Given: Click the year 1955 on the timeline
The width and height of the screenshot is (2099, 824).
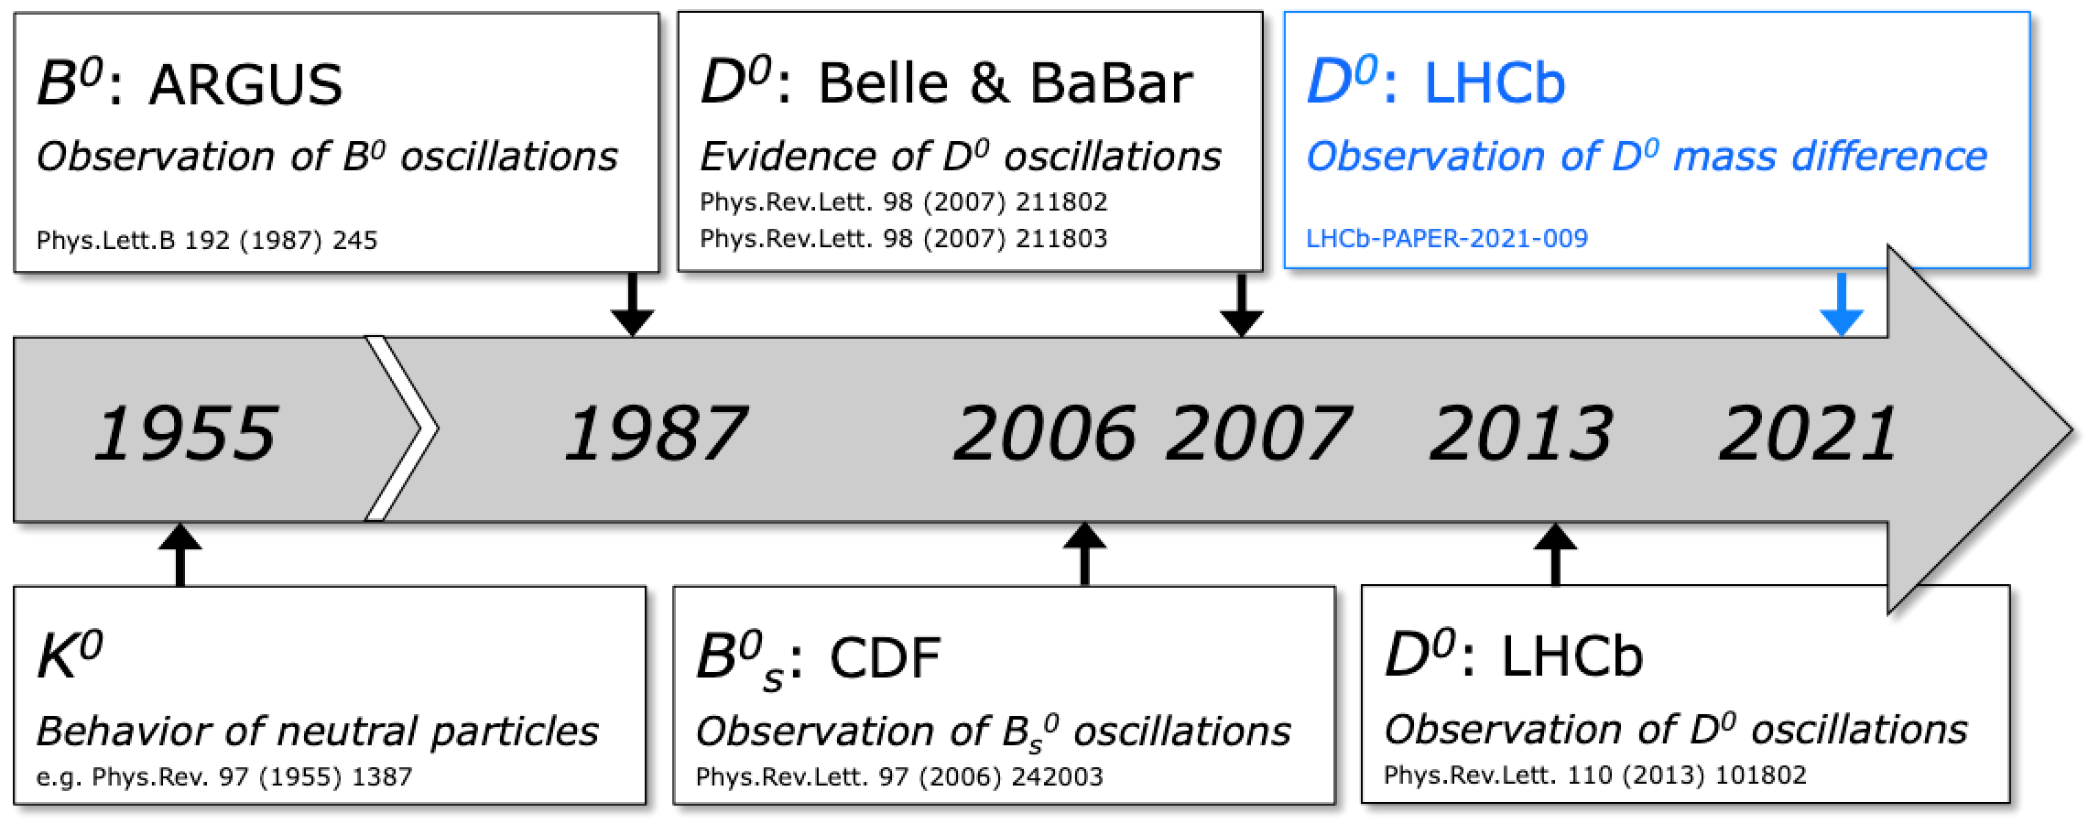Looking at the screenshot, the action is [186, 432].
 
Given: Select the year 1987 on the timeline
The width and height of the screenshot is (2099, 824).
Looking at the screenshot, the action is [656, 432].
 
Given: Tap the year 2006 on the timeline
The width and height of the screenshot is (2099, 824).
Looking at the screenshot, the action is [1045, 432].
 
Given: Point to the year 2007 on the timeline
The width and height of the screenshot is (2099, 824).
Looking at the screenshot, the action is [1258, 432].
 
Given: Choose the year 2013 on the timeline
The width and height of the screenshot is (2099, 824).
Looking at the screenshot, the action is [1521, 432].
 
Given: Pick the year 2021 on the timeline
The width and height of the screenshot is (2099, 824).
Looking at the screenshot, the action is [1809, 432].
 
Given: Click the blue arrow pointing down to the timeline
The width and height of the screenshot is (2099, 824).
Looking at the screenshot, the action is [1842, 305].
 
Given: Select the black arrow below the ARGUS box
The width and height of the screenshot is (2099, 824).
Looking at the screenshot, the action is [633, 305].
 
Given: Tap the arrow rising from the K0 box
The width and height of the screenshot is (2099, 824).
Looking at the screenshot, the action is [180, 554].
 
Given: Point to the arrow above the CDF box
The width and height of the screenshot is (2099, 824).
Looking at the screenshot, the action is [1085, 554].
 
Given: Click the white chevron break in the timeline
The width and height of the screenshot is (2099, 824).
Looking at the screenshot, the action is [402, 428].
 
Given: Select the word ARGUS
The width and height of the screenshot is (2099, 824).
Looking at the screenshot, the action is [245, 85].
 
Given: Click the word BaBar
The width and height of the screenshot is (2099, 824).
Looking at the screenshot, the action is [1111, 83].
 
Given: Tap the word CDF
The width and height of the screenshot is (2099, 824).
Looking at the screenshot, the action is [885, 657].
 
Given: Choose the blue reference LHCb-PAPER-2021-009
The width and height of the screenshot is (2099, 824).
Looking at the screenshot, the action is [1447, 239].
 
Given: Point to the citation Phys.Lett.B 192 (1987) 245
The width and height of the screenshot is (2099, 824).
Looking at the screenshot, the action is [207, 241].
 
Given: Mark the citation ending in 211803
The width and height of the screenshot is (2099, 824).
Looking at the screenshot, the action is [904, 239].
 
